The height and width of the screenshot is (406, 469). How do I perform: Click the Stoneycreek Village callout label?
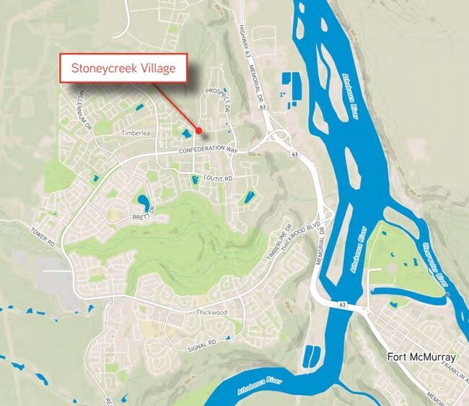pyautogui.click(x=124, y=70)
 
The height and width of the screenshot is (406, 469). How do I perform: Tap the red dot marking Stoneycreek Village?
pyautogui.click(x=198, y=130)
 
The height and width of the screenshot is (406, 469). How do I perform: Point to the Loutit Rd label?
pyautogui.click(x=219, y=177)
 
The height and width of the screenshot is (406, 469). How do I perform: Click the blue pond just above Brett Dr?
pyautogui.click(x=143, y=200)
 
